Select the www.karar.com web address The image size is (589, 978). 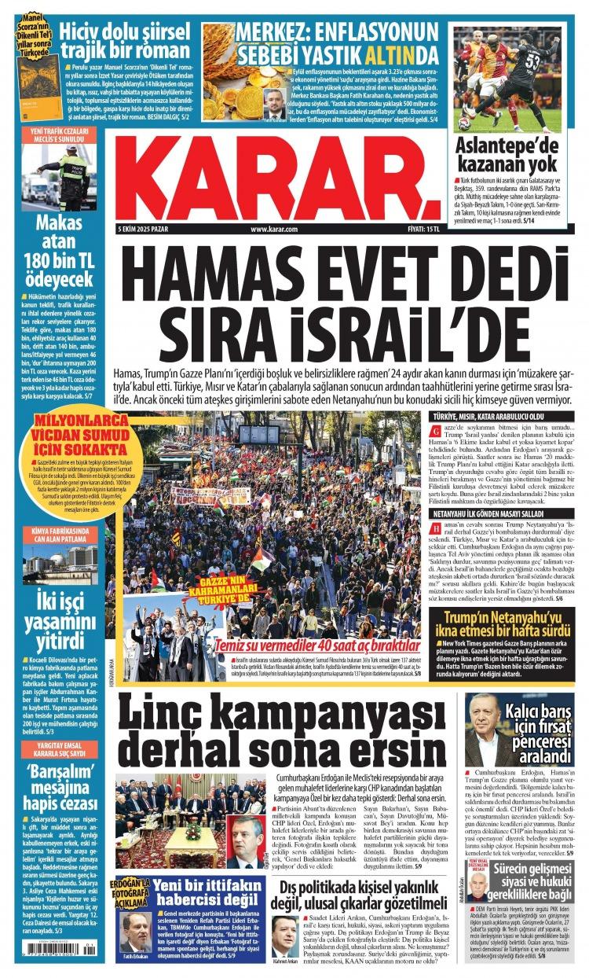tap(274, 229)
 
